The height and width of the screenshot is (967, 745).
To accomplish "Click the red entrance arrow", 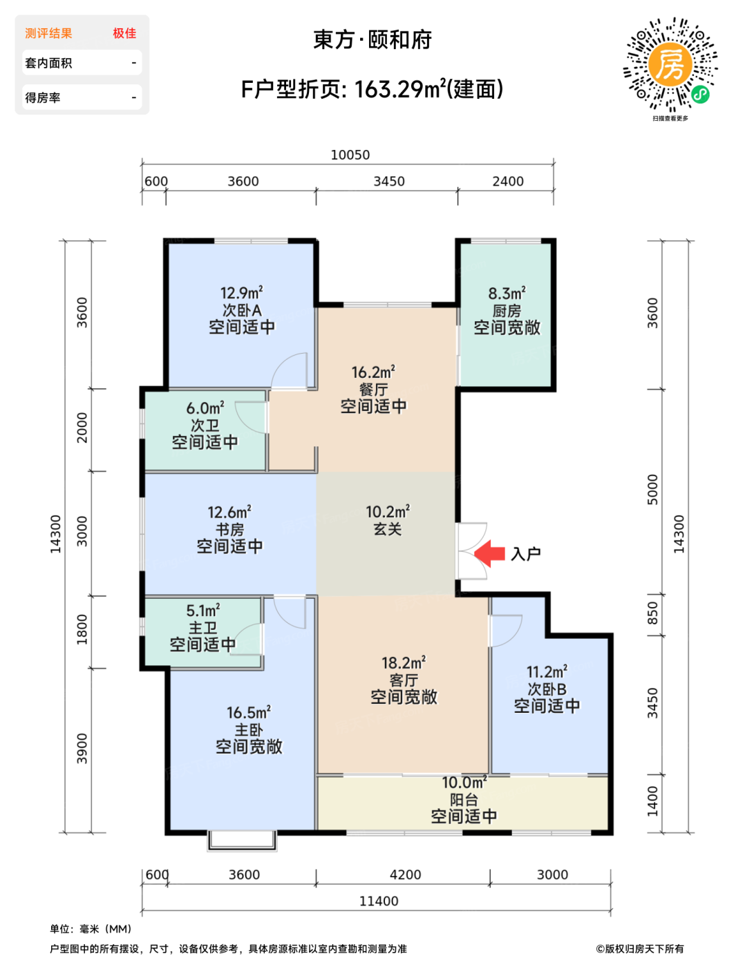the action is coord(489,553).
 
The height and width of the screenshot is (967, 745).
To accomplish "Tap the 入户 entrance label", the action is coord(526,554).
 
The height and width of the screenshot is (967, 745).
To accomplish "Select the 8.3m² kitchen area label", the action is coord(507,294).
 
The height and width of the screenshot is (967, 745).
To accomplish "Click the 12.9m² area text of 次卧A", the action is coord(242,293).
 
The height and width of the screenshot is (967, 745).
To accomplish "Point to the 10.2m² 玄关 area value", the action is coord(388,512).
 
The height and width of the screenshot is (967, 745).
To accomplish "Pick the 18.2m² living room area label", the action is coord(404,662).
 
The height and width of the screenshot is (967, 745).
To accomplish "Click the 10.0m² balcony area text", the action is coord(464,783).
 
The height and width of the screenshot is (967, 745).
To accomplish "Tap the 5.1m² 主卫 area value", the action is coord(203,611).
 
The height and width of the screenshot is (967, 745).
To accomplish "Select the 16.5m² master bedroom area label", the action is coord(249,712).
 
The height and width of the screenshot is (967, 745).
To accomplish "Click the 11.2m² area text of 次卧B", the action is coord(547,671).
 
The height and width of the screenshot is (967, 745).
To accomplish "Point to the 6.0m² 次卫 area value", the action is coord(205,408).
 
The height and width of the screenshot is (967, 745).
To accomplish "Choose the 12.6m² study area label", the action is coord(229,513).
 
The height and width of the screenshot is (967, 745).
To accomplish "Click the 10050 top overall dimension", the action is coord(350,155).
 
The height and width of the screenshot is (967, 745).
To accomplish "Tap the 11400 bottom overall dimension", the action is coord(379,901).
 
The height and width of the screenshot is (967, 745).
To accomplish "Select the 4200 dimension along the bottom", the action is coord(406,875).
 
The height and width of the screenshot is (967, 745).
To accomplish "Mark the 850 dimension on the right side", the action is coord(652,613).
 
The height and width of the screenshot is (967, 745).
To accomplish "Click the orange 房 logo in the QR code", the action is coord(670,66).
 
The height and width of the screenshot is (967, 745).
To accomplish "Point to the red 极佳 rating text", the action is coord(124,33).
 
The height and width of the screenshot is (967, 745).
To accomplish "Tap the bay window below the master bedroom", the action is coord(242,841).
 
